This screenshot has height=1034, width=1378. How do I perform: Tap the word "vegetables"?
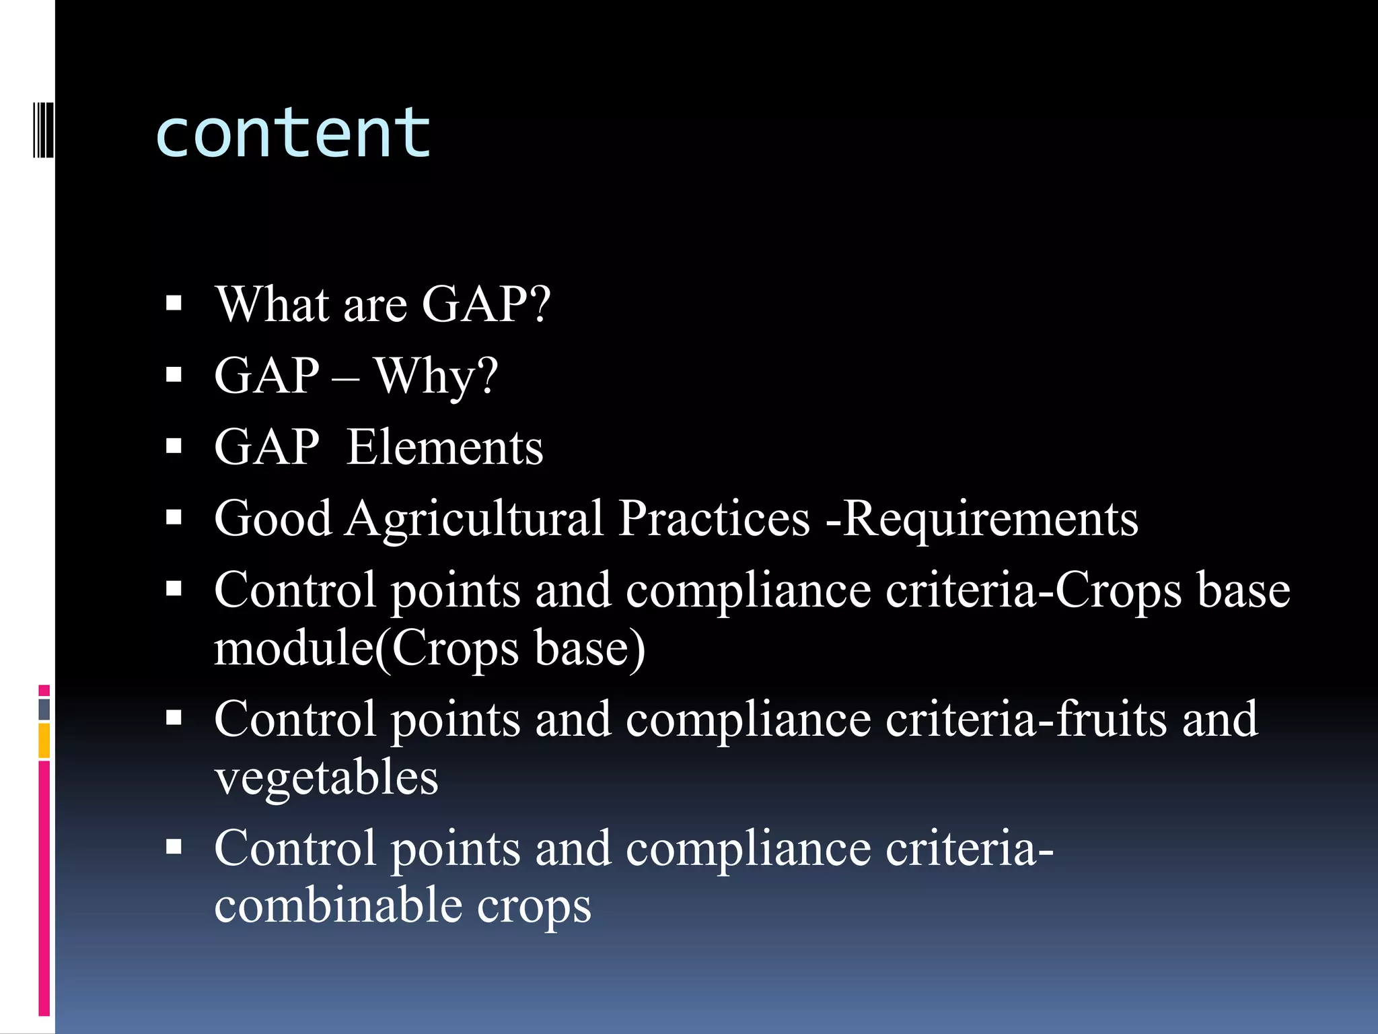(x=326, y=777)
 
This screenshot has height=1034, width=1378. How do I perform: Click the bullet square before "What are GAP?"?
(x=174, y=304)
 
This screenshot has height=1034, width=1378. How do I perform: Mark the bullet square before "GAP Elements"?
(x=174, y=446)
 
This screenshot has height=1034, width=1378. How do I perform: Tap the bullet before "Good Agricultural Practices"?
(x=174, y=517)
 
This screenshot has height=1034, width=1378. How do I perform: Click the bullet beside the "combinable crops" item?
(x=174, y=846)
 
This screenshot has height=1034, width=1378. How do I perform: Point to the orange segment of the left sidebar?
(x=44, y=740)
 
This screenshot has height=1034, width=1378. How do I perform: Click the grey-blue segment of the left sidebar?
(x=44, y=709)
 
